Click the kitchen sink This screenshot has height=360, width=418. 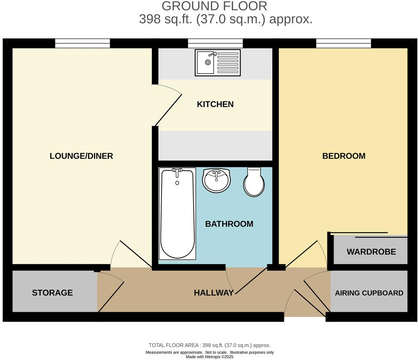[x=218, y=62]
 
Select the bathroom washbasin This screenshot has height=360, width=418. [x=217, y=180]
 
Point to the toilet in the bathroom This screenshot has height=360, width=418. [x=254, y=182]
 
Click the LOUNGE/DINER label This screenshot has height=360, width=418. [x=81, y=156]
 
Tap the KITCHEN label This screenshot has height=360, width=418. [x=215, y=104]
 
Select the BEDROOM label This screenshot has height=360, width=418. [x=343, y=156]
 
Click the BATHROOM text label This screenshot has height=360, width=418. [x=229, y=224]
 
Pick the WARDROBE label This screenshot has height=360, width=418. [x=371, y=252]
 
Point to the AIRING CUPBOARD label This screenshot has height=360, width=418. [x=369, y=293]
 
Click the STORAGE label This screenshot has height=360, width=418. [x=52, y=293]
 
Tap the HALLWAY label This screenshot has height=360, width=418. [x=213, y=293]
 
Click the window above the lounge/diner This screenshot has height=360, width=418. [x=83, y=43]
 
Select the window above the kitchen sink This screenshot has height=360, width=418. [x=215, y=43]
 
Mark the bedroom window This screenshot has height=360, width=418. [x=343, y=43]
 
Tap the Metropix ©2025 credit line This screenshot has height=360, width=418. [x=209, y=357]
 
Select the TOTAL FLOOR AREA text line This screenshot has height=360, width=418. [x=209, y=345]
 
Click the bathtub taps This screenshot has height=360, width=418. [x=177, y=172]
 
